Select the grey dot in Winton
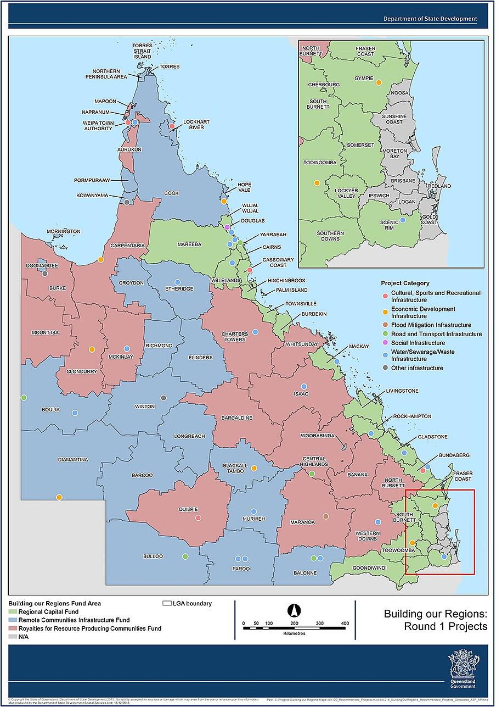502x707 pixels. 163,398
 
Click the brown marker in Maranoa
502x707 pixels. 325,516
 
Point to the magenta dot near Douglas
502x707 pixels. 227,227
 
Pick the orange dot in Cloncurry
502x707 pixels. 92,349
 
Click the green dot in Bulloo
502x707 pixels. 185,556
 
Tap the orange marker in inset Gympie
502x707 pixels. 379,82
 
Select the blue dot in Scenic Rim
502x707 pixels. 402,220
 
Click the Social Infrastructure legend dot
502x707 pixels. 385,343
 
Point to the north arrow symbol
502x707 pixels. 295,610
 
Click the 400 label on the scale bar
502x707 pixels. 345,623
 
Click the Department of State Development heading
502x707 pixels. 430,19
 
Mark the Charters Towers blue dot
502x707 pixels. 255,332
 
